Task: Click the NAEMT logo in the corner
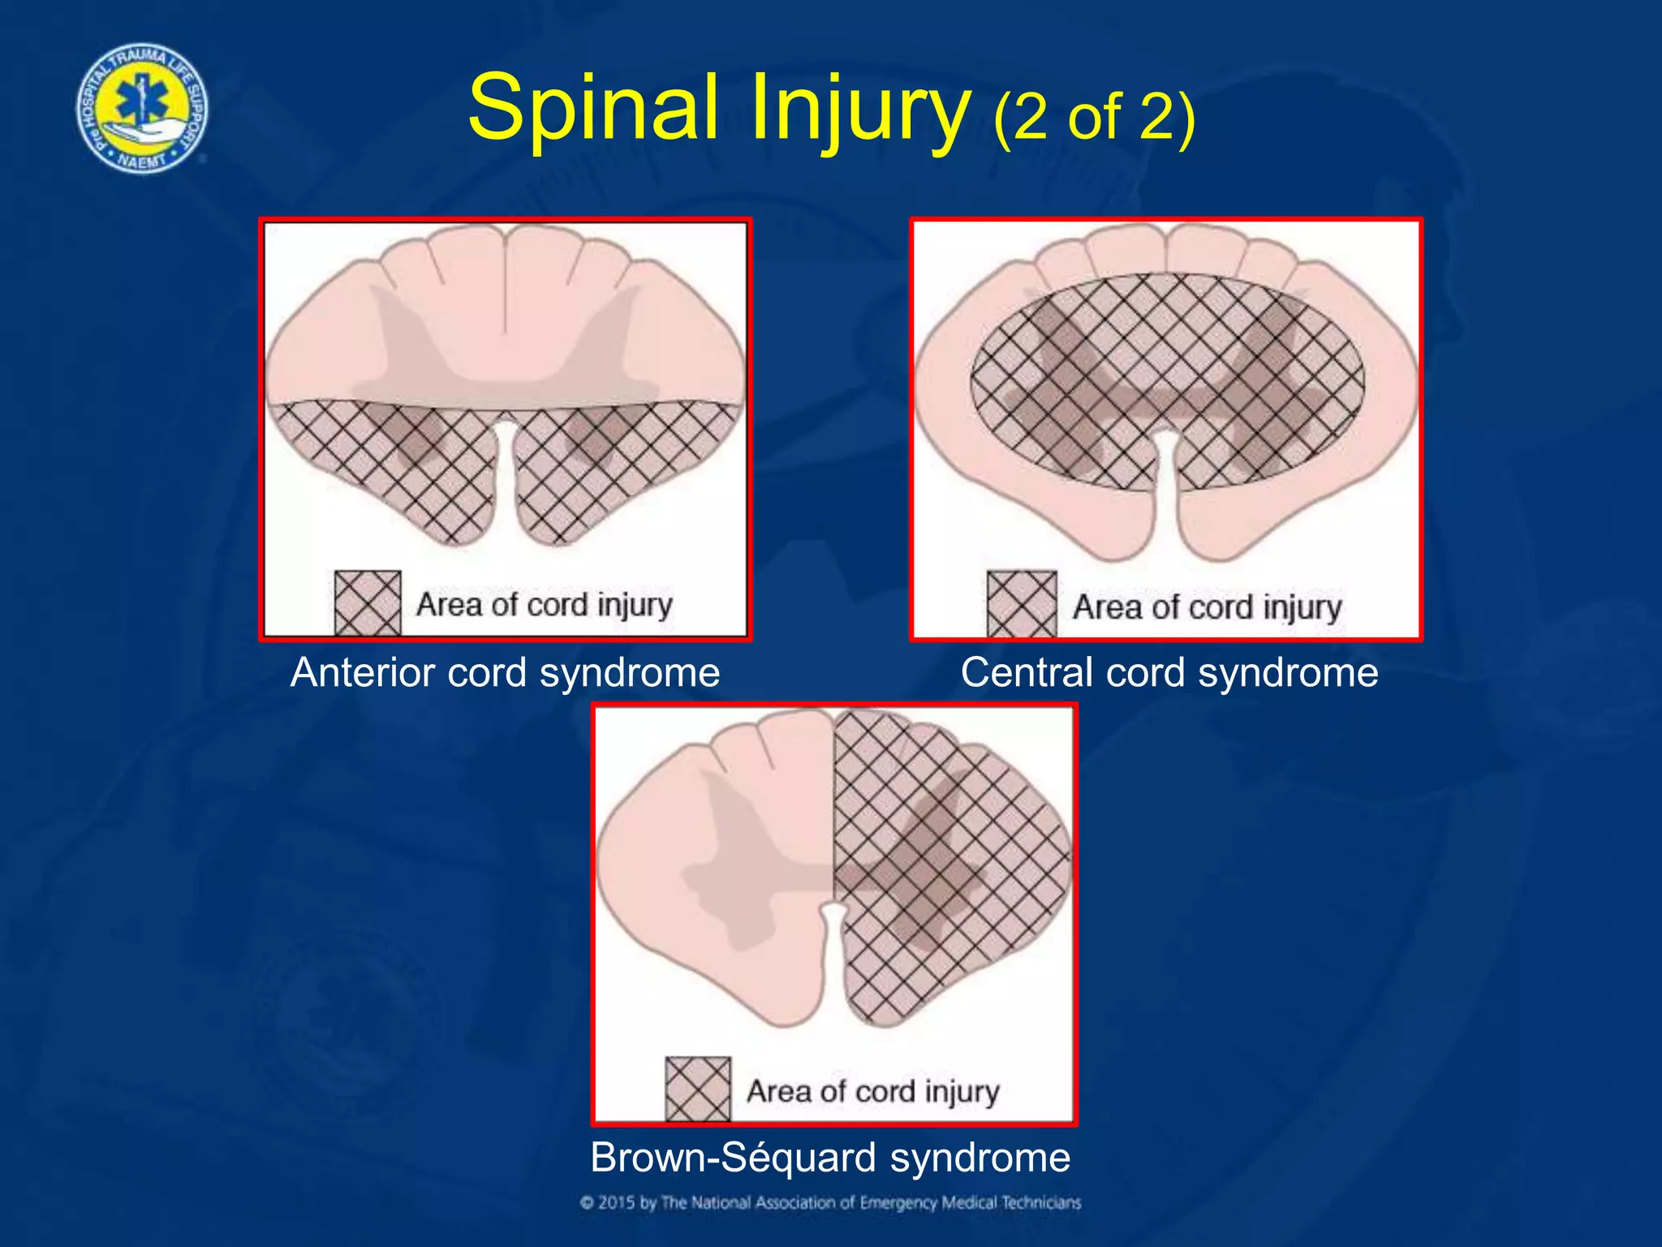point(142,108)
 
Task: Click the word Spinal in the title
point(592,108)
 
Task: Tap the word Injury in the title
point(859,110)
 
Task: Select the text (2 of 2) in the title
point(1094,118)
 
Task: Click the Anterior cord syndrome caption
point(505,673)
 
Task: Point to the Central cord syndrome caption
point(1169,673)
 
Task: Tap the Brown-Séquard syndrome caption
point(829,1157)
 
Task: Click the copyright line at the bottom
point(830,1202)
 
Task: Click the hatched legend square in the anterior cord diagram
point(368,602)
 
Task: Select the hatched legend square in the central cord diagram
point(1022,604)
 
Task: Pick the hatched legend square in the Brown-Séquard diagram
point(698,1089)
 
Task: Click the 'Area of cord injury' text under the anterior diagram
point(545,605)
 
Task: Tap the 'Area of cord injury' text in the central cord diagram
point(1207,607)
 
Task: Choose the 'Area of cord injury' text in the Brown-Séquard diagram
point(872,1091)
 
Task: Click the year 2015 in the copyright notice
point(617,1202)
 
